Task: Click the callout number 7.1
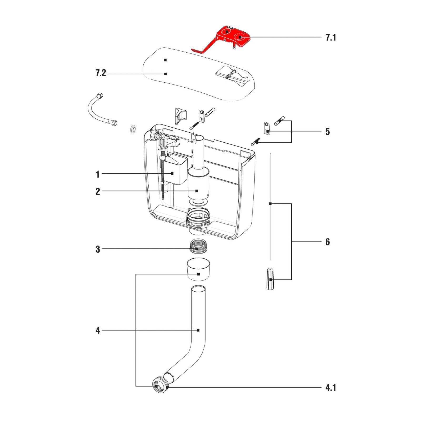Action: (330, 37)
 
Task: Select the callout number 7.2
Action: (101, 73)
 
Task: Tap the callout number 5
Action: (327, 132)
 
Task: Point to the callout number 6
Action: (327, 242)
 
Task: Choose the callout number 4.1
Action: (330, 388)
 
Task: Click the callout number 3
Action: (98, 249)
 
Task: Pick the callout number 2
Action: (98, 192)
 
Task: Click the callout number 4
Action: (98, 330)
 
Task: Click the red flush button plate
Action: (232, 36)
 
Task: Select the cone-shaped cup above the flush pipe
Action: (198, 270)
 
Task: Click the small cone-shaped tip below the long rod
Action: (270, 279)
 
